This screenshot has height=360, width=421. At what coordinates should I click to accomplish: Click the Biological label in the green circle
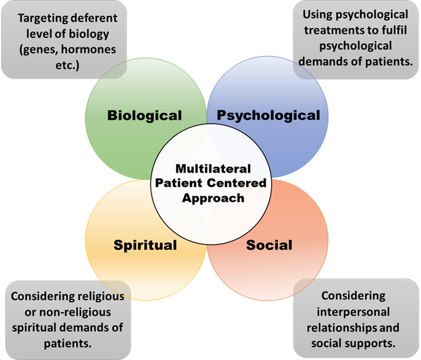(145, 115)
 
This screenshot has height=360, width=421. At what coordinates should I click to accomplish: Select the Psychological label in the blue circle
(269, 115)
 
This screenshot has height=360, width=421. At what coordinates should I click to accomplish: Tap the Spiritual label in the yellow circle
(145, 245)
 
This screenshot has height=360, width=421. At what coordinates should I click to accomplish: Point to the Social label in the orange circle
(269, 245)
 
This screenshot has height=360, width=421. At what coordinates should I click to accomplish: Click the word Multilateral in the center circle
(210, 168)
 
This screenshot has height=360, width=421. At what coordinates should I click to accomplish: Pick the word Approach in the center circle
(210, 198)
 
